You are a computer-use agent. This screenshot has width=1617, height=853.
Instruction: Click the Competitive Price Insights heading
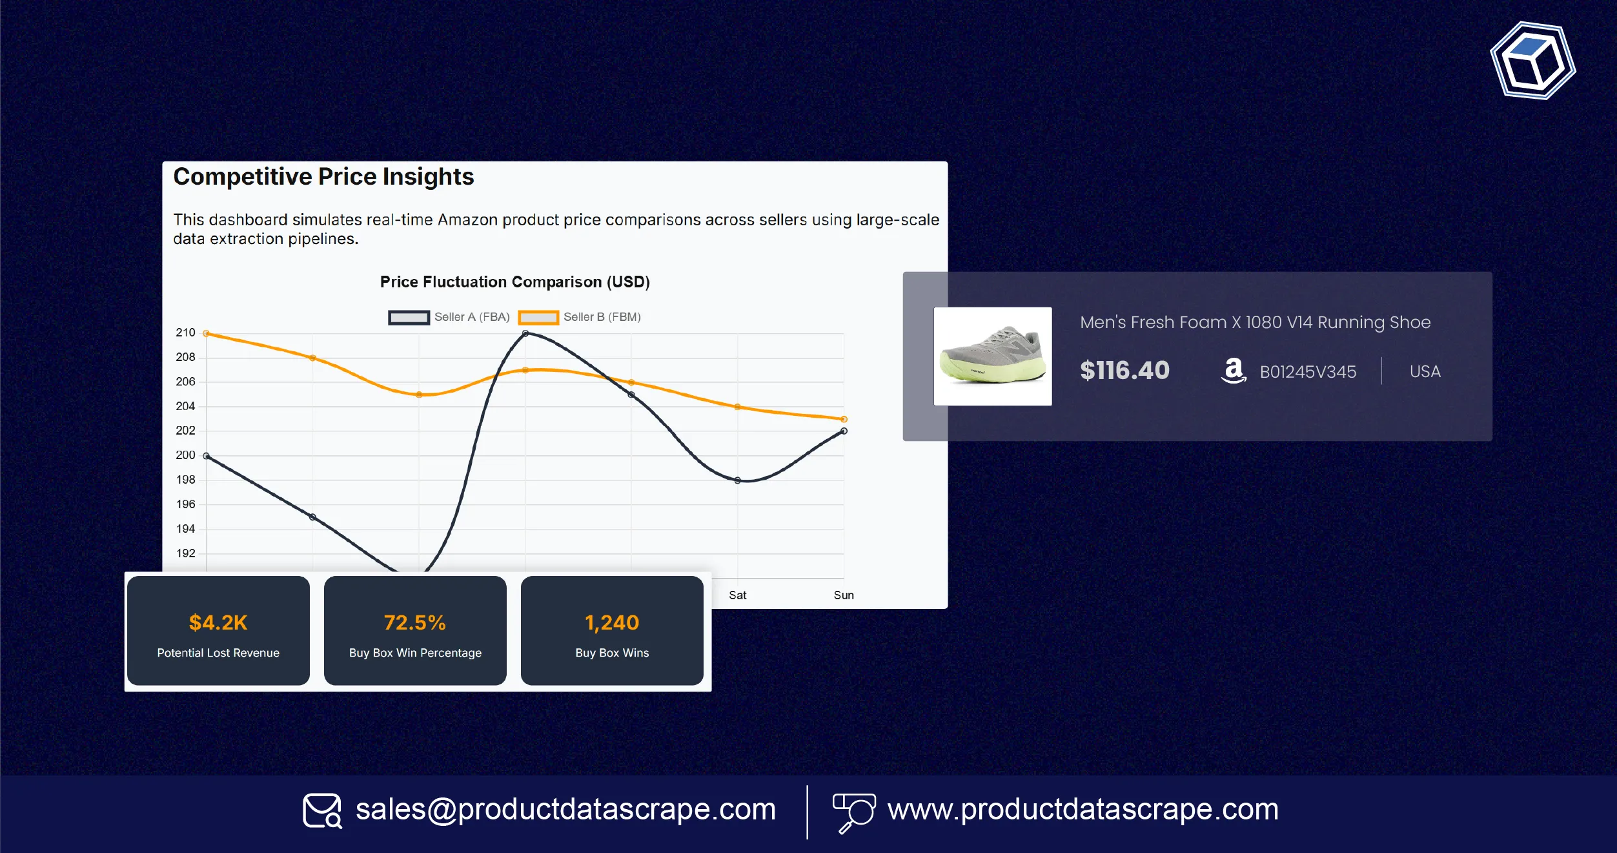323,177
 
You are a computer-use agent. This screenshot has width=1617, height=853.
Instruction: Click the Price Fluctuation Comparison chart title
514,282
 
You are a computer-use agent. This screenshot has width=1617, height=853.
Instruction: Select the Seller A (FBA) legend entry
449,317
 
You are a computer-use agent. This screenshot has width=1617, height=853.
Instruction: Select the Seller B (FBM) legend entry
579,317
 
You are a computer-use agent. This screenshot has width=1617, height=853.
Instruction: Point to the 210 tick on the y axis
185,333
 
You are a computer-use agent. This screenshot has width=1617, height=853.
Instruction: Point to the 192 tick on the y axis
185,553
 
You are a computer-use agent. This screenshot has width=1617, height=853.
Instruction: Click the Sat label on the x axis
737,595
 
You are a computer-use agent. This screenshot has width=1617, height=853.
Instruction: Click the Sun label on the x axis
843,595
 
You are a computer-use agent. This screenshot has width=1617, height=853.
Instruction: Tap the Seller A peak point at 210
525,334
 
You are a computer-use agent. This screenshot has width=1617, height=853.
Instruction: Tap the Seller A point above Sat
737,480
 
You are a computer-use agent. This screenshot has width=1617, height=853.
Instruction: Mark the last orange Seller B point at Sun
844,420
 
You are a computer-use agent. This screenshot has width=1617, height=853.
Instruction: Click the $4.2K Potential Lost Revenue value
218,622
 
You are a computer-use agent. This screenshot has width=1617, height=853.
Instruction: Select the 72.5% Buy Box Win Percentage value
415,622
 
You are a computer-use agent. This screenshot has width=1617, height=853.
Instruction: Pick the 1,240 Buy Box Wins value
612,622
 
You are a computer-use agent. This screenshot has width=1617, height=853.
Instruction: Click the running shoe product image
992,356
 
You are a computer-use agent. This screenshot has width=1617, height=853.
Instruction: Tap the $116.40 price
1124,371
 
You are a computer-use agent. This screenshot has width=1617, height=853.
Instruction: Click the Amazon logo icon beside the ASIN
1234,371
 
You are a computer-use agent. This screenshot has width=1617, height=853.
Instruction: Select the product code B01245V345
1308,372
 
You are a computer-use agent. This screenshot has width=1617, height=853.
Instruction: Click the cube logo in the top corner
1532,61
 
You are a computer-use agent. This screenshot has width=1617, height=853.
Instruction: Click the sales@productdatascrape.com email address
565,810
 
